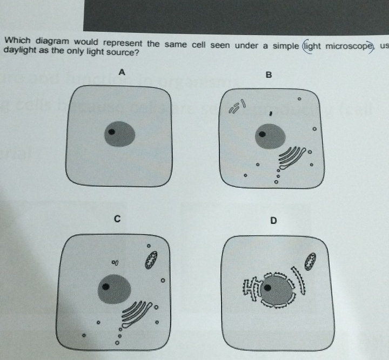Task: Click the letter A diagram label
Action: [122, 72]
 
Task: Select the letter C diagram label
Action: [117, 219]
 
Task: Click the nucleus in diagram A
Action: [120, 134]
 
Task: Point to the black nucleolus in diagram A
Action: [112, 131]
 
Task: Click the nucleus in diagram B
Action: [270, 136]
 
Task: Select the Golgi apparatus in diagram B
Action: [292, 157]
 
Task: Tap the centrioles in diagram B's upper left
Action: [237, 106]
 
